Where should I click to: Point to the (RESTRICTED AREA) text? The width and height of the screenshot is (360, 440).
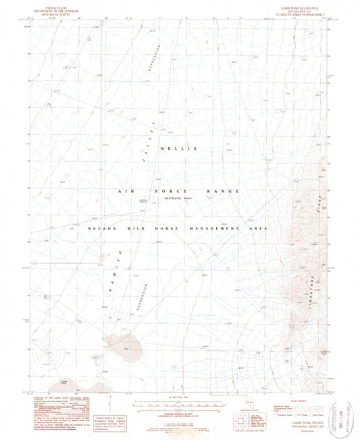pyautogui.click(x=177, y=198)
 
